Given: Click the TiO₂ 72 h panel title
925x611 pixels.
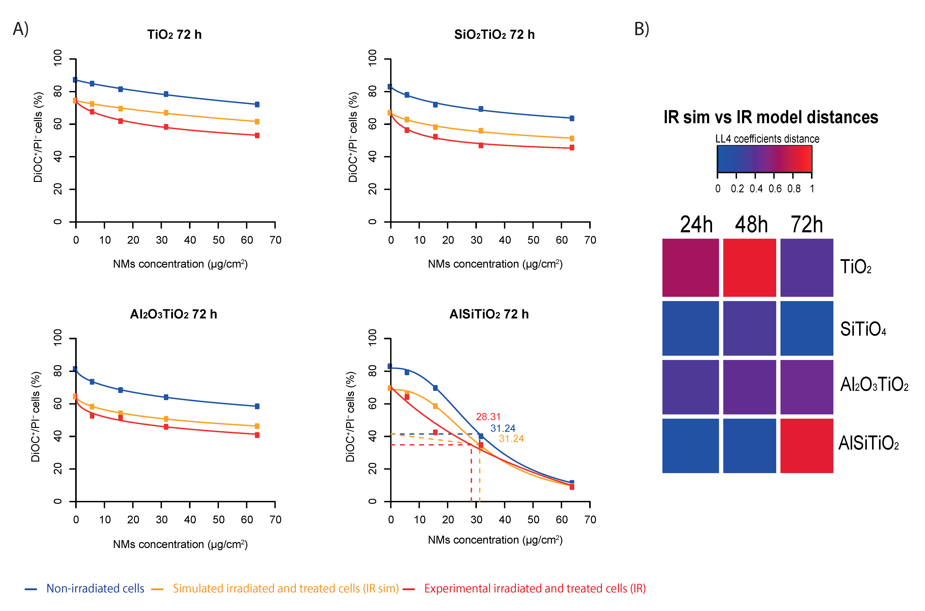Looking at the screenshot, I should coord(174,35).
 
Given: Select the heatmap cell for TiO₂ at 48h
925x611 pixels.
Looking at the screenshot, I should coord(749,268).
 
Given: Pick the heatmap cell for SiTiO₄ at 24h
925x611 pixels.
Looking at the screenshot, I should coord(690,328).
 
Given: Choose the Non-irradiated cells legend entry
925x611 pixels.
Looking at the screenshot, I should coord(95,588).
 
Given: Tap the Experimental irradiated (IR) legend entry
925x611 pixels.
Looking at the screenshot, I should coord(535,588).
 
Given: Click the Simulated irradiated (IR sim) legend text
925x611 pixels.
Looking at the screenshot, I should coord(286,588).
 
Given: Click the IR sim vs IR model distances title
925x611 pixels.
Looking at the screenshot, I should coord(771,117).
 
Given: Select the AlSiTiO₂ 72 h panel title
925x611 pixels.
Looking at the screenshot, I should coord(489,314).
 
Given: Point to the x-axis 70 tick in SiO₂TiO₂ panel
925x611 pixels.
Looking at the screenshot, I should coord(590,240).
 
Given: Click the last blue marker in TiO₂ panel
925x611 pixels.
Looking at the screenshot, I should coord(257,104).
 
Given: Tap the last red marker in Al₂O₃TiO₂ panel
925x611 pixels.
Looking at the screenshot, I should coord(257,435).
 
